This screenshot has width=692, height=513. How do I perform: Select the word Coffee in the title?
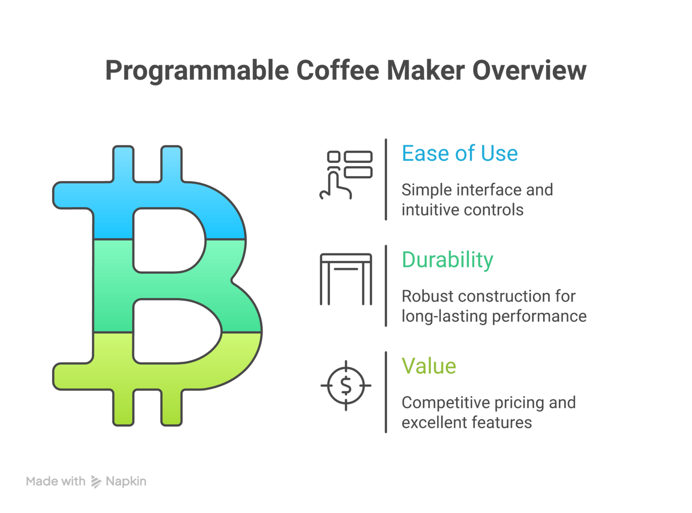click(x=337, y=70)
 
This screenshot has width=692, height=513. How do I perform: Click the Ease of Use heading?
click(x=459, y=154)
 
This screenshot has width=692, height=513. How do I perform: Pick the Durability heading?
click(x=447, y=260)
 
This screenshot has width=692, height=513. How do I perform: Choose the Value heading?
click(x=429, y=366)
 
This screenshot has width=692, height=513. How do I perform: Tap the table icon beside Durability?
click(x=346, y=279)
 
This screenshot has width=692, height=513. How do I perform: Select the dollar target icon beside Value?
click(x=346, y=386)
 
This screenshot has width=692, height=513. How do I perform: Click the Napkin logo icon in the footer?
click(x=96, y=482)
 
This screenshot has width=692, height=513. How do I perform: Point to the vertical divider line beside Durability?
click(x=386, y=286)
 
